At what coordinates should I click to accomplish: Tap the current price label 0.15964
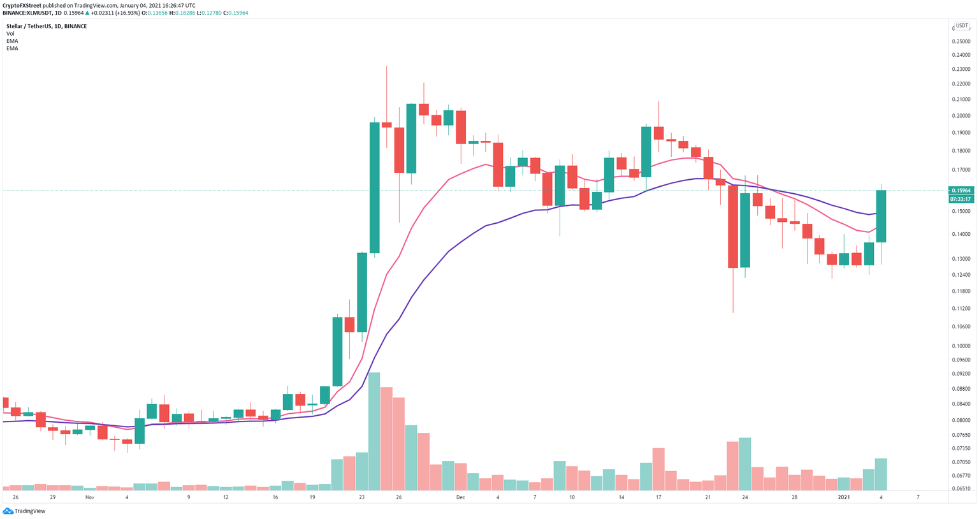click(x=961, y=190)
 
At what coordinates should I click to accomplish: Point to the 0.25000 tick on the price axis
click(x=961, y=41)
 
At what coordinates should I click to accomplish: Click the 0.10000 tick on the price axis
click(x=961, y=346)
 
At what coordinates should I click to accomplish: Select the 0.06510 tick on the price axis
click(x=961, y=488)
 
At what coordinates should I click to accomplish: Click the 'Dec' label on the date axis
click(x=460, y=497)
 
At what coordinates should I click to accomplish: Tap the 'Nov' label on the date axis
click(x=89, y=497)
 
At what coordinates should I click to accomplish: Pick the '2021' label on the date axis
click(x=844, y=497)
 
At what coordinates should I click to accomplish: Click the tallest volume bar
click(x=374, y=430)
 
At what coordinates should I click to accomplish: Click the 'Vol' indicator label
click(x=10, y=34)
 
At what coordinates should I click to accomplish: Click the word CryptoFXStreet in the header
click(x=22, y=5)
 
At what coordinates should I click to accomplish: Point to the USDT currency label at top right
click(x=961, y=27)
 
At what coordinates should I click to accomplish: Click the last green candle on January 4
click(x=881, y=216)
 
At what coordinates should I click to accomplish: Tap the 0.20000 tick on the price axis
click(x=961, y=116)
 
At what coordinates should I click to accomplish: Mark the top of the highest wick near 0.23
click(x=386, y=67)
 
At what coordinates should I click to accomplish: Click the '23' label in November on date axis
click(x=361, y=497)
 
